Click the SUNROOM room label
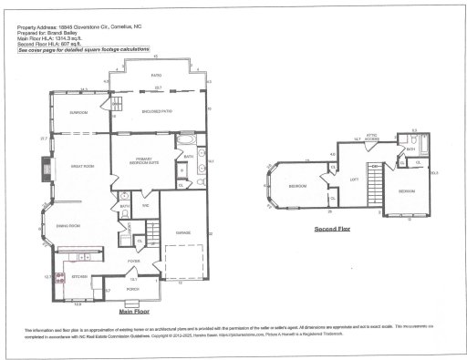[79, 112]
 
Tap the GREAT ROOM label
[72, 167]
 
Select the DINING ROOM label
[69, 225]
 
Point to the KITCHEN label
[78, 276]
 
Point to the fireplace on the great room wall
[44, 170]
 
